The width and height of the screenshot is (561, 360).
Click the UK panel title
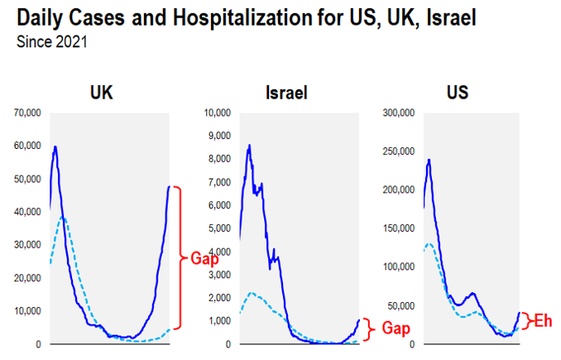(101, 93)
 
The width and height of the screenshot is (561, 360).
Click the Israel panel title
(286, 93)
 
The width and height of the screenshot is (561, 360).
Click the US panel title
(458, 93)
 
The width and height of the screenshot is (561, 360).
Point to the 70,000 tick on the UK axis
(27, 113)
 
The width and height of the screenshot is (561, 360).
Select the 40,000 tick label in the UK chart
(27, 212)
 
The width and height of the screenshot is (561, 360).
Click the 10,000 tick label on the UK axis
(27, 311)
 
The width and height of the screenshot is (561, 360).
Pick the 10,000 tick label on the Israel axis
(218, 113)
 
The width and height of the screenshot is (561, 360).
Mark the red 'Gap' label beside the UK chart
(204, 257)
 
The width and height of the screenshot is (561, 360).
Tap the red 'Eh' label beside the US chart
(541, 320)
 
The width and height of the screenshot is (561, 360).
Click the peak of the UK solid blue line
(55, 147)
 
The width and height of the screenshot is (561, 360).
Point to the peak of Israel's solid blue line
(249, 146)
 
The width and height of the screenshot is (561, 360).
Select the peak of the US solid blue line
(429, 160)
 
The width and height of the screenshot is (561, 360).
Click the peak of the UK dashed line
(62, 218)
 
